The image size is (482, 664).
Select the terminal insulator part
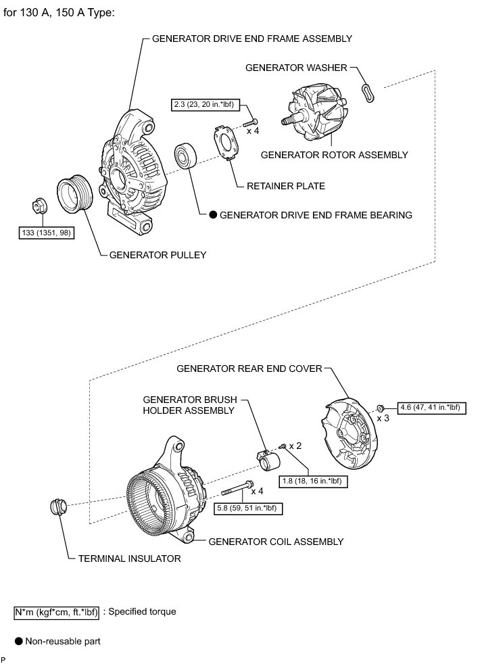[x=58, y=507]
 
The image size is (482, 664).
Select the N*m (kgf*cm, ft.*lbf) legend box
[x=57, y=612]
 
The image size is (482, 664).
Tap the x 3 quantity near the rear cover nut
[x=383, y=419]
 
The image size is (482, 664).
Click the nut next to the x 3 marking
[x=381, y=408]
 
